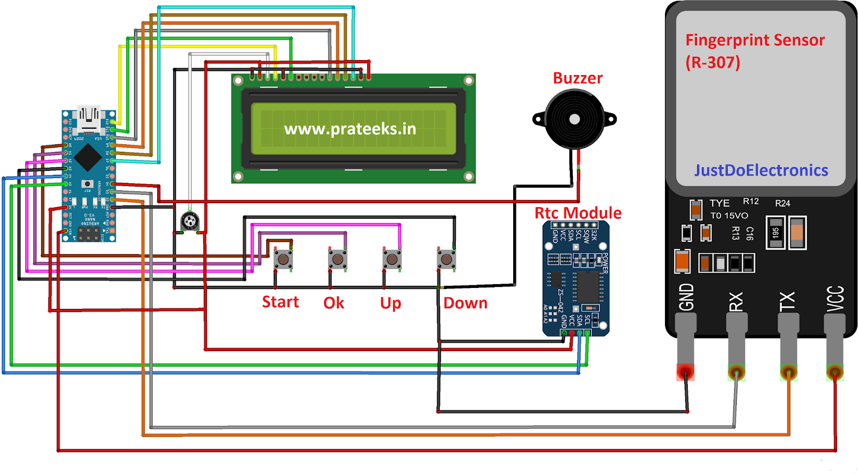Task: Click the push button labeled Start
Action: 283,260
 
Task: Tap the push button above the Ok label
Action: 338,260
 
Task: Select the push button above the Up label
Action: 392,260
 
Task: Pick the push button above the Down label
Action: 446,260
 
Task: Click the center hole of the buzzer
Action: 574,119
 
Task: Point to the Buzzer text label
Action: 578,78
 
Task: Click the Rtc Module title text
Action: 578,213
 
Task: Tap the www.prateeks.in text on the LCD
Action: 350,129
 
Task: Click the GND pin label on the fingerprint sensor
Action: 686,298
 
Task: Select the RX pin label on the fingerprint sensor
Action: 736,301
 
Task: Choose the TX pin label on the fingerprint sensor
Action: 787,301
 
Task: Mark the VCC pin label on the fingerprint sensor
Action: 835,299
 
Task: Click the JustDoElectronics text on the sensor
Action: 761,171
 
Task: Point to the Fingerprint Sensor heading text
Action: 755,40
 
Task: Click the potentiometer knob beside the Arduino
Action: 189,220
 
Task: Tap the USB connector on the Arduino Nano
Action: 89,118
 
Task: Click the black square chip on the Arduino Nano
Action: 88,158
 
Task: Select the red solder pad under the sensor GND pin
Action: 685,372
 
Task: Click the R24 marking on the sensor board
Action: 782,203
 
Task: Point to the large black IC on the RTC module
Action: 587,287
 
